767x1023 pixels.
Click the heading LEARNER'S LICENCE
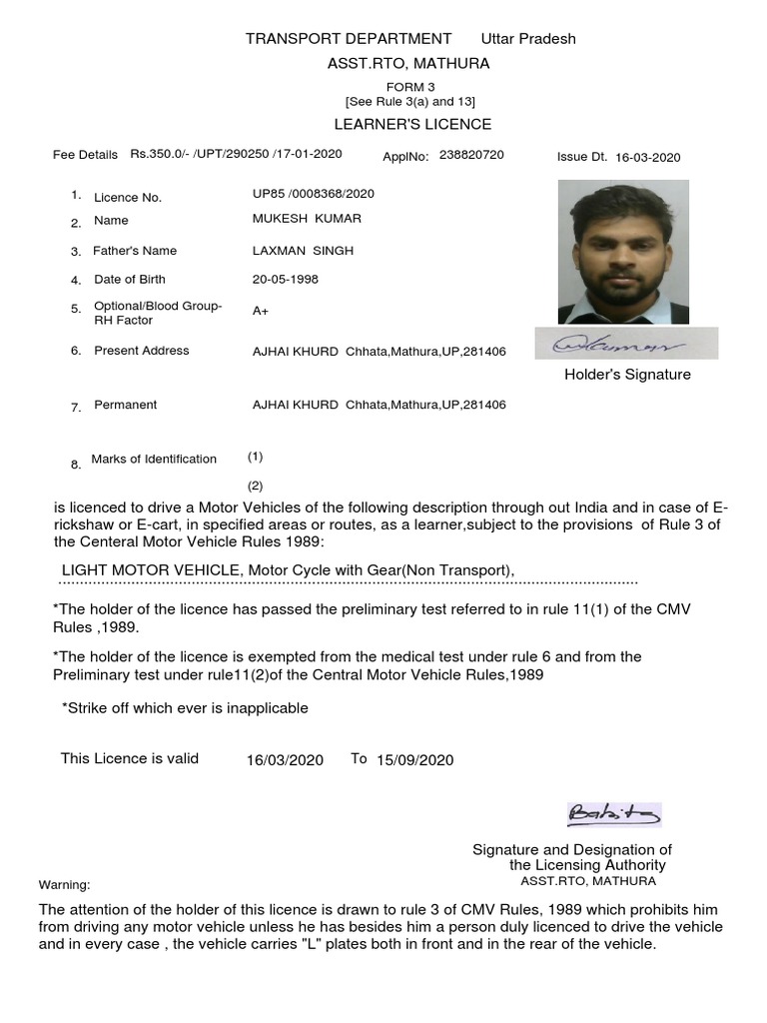pyautogui.click(x=411, y=124)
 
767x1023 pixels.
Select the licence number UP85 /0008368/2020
pyautogui.click(x=314, y=193)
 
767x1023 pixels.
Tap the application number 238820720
pyautogui.click(x=471, y=155)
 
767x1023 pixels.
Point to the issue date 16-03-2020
pyautogui.click(x=647, y=157)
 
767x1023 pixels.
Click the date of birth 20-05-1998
pyautogui.click(x=286, y=279)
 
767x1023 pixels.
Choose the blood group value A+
pyautogui.click(x=261, y=311)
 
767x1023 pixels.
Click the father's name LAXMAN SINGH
pyautogui.click(x=303, y=250)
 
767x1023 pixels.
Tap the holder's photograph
pyautogui.click(x=623, y=251)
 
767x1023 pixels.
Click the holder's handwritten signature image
pyautogui.click(x=623, y=345)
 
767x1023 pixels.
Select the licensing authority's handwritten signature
pyautogui.click(x=613, y=815)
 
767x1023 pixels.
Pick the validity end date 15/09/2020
pyautogui.click(x=414, y=760)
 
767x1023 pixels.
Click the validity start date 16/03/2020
pyautogui.click(x=285, y=760)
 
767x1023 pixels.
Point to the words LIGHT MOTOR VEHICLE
pyautogui.click(x=152, y=569)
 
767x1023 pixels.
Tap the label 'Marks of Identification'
pyautogui.click(x=154, y=459)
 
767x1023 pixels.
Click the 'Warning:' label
pyautogui.click(x=64, y=885)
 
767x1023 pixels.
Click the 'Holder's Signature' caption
pyautogui.click(x=627, y=375)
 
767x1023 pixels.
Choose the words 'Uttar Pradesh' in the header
pyautogui.click(x=528, y=39)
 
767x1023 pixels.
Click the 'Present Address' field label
pyautogui.click(x=141, y=351)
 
